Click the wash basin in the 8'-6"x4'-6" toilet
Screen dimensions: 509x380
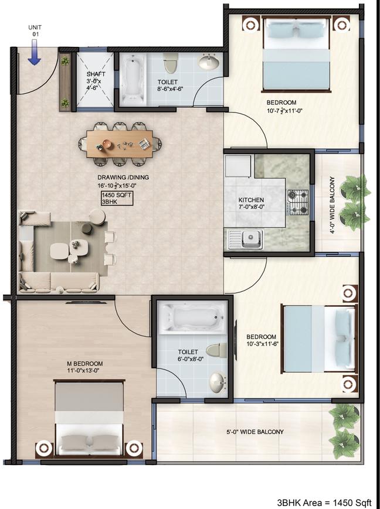(208, 62)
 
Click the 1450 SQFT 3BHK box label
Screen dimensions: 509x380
(117, 197)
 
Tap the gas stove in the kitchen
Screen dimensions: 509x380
(298, 203)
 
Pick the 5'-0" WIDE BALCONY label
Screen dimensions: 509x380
(255, 432)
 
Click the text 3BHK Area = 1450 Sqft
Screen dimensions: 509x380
(325, 502)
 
